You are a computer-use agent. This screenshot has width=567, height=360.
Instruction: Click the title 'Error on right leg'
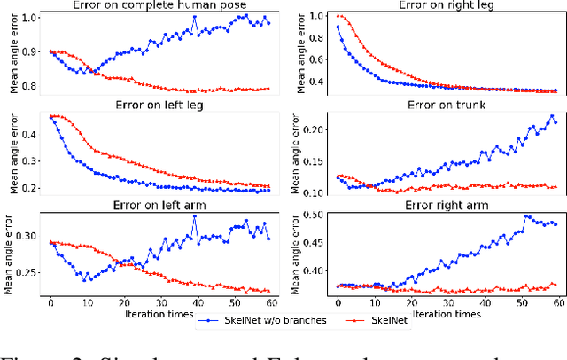coord(439,7)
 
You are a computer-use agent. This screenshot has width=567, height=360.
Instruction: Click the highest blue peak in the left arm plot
coord(194,216)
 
